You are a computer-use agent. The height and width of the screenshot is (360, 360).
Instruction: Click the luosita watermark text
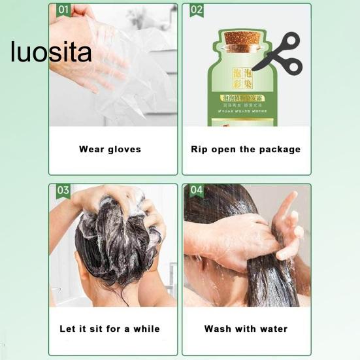click(51, 52)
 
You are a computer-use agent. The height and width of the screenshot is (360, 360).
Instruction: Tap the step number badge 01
click(63, 10)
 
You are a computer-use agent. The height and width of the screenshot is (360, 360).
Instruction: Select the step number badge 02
click(196, 10)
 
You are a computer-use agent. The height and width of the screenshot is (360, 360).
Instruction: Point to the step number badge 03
click(63, 190)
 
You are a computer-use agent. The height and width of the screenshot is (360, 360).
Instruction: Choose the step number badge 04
click(196, 190)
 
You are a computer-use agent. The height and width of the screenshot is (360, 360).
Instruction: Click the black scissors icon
click(277, 53)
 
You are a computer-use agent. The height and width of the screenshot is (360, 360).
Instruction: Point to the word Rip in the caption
click(199, 149)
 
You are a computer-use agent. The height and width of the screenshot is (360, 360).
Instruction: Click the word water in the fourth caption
click(273, 329)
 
